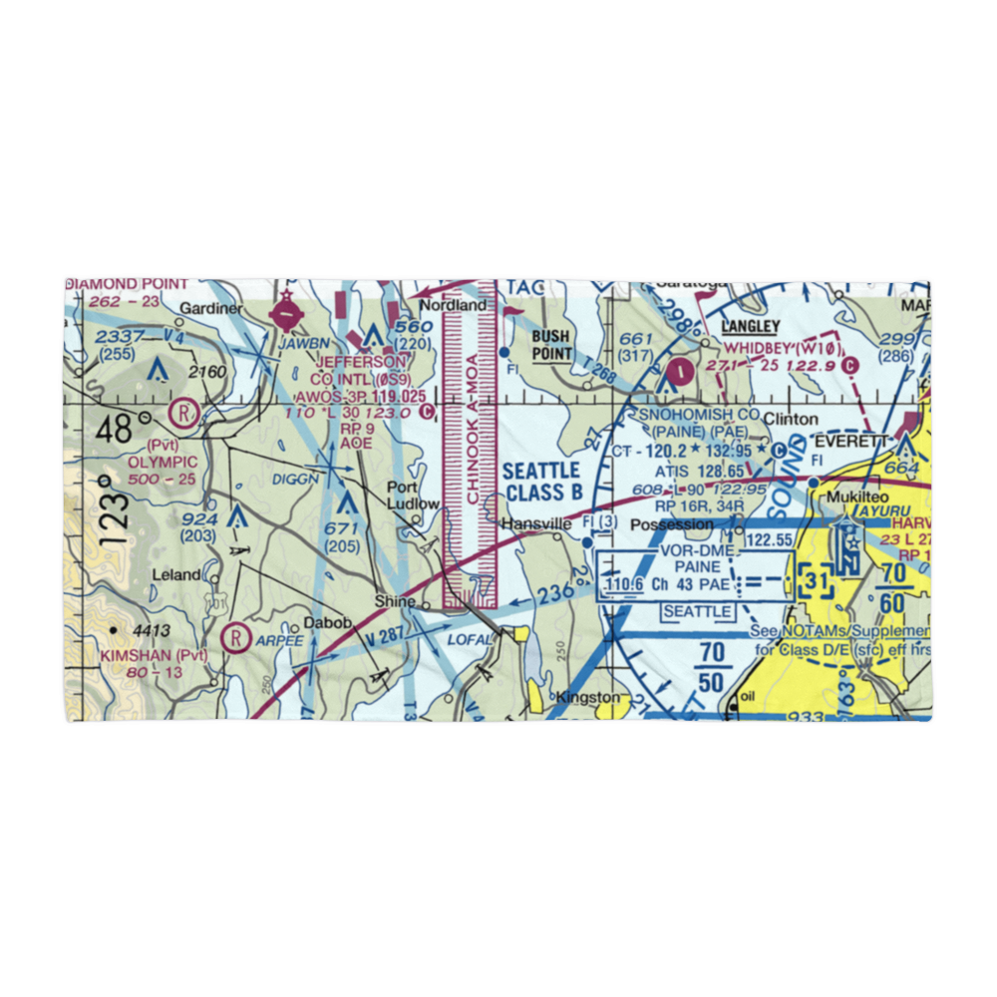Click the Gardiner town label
click(x=212, y=309)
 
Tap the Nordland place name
click(x=453, y=305)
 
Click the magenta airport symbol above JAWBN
click(x=288, y=315)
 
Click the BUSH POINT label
click(x=551, y=345)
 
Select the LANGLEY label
click(x=750, y=326)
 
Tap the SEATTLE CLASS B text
click(x=542, y=481)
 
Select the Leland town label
click(x=175, y=575)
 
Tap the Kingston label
click(x=588, y=697)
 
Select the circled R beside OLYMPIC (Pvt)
click(x=183, y=410)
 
